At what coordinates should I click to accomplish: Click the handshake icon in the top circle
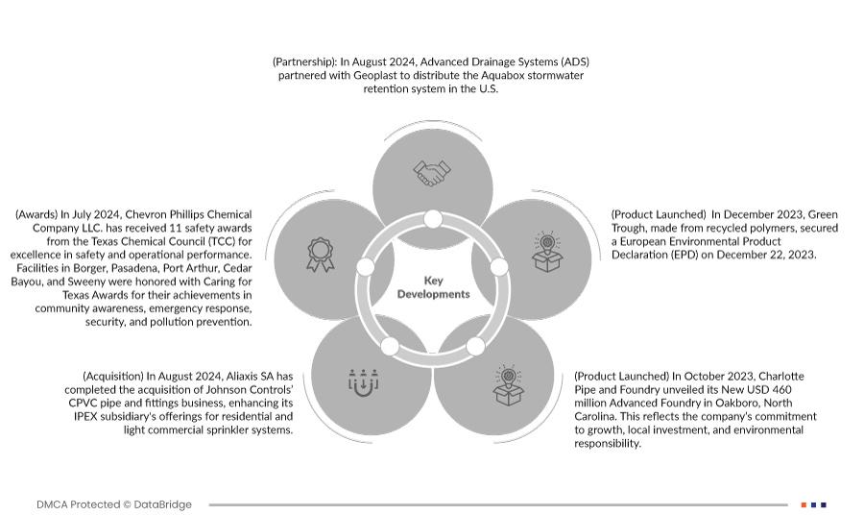[x=432, y=173]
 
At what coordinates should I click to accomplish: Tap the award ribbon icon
[x=320, y=254]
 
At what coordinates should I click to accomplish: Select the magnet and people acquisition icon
[x=364, y=380]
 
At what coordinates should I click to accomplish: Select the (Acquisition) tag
[x=113, y=376]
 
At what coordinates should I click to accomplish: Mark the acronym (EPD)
[x=740, y=256]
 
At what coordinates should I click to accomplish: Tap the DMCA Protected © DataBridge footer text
[x=113, y=504]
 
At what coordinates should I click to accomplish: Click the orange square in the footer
[x=804, y=504]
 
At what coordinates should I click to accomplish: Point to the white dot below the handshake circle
[x=433, y=219]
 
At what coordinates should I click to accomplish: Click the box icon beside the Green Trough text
[x=546, y=253]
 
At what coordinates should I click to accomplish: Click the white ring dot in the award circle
[x=365, y=266]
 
